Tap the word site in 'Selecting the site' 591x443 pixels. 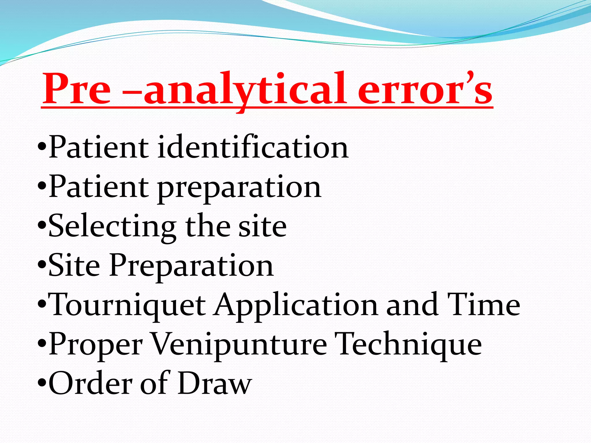[262, 226]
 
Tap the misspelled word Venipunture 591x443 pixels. [239, 345]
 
